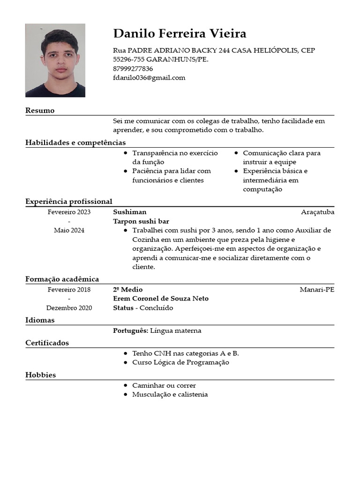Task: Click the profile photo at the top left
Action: (55, 60)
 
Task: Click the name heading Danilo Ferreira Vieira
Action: (180, 34)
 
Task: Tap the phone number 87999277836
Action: (133, 68)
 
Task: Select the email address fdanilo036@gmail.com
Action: (149, 78)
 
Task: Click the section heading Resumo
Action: (40, 111)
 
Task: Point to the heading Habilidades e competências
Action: (75, 142)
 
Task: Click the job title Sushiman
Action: (130, 212)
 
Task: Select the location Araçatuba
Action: (317, 212)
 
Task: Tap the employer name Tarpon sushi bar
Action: (141, 221)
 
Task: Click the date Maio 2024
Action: (69, 231)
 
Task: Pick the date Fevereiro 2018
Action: (69, 290)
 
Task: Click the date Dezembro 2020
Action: (69, 308)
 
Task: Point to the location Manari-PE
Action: (317, 290)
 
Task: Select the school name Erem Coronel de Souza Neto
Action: (161, 299)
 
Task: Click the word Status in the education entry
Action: (123, 308)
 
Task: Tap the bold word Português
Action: (131, 331)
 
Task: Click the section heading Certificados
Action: (47, 343)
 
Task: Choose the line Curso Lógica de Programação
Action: (180, 362)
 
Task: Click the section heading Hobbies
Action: (40, 375)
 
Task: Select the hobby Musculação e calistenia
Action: (170, 395)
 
